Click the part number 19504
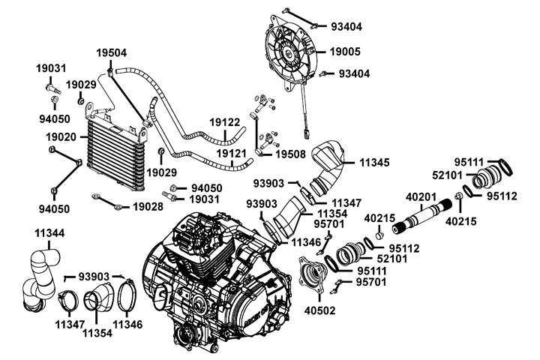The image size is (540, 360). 111,52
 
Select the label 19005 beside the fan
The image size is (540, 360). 346,52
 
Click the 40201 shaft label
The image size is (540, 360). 421,196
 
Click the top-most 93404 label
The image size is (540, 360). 346,26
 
